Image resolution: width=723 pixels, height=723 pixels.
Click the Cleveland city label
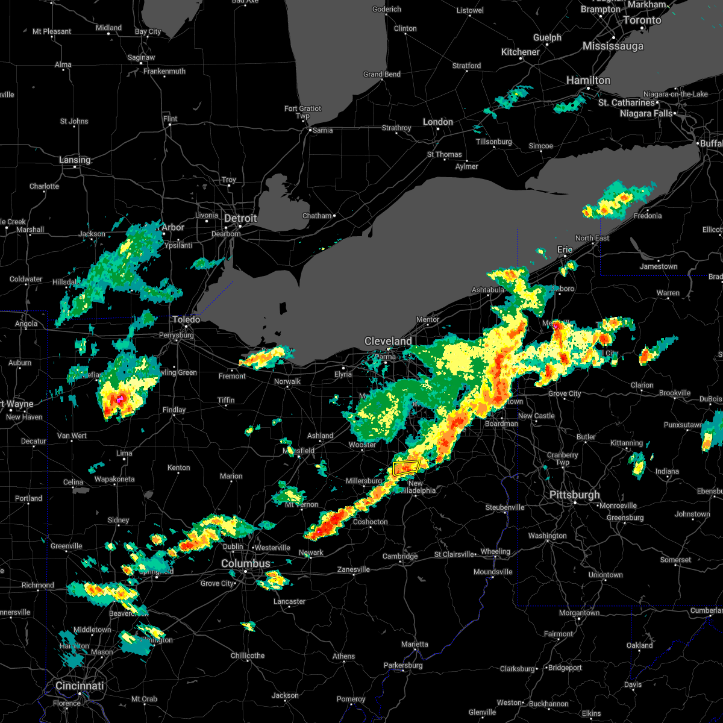pyautogui.click(x=388, y=342)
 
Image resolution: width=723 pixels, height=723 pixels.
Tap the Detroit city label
pyautogui.click(x=240, y=219)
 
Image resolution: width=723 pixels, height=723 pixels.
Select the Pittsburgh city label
pyautogui.click(x=575, y=495)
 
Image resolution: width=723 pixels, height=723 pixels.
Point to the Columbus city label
pyautogui.click(x=246, y=564)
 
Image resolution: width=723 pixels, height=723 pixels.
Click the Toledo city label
pyautogui.click(x=186, y=320)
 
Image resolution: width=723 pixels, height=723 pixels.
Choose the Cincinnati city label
pyautogui.click(x=80, y=686)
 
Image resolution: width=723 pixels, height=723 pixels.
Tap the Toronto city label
pyautogui.click(x=642, y=20)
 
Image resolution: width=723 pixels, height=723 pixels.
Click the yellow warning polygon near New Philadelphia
pyautogui.click(x=406, y=467)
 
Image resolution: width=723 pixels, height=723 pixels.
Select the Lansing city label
pyautogui.click(x=75, y=160)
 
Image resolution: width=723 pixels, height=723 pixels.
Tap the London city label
pyautogui.click(x=438, y=122)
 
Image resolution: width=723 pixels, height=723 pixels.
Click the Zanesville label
pyautogui.click(x=354, y=570)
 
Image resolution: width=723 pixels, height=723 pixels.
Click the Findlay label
pyautogui.click(x=174, y=410)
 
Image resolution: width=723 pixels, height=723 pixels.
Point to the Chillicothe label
pyautogui.click(x=248, y=656)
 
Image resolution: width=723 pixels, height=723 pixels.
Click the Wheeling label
pyautogui.click(x=495, y=552)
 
